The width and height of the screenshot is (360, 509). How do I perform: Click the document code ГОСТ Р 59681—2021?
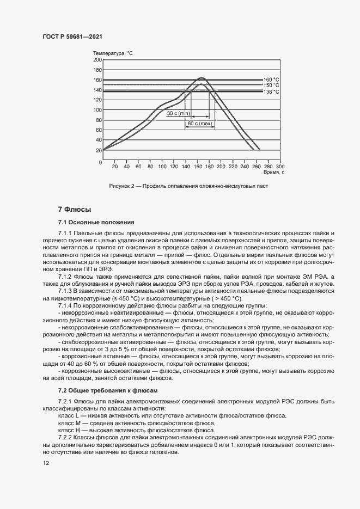(72, 36)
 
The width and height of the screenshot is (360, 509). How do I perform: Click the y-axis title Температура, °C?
(113, 53)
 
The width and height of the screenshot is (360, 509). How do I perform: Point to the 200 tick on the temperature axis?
(98, 60)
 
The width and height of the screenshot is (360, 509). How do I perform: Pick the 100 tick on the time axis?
(162, 166)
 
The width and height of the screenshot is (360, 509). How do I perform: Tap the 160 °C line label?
(271, 79)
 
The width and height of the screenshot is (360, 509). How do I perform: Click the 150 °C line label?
(271, 85)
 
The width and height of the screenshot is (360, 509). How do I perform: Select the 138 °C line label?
(271, 92)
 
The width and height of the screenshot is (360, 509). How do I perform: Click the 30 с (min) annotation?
(178, 113)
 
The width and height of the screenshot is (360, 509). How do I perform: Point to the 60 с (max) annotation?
(199, 124)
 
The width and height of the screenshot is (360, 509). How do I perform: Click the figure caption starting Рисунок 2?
(188, 186)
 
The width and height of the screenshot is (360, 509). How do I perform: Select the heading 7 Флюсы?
(74, 210)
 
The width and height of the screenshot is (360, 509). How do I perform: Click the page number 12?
(46, 463)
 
